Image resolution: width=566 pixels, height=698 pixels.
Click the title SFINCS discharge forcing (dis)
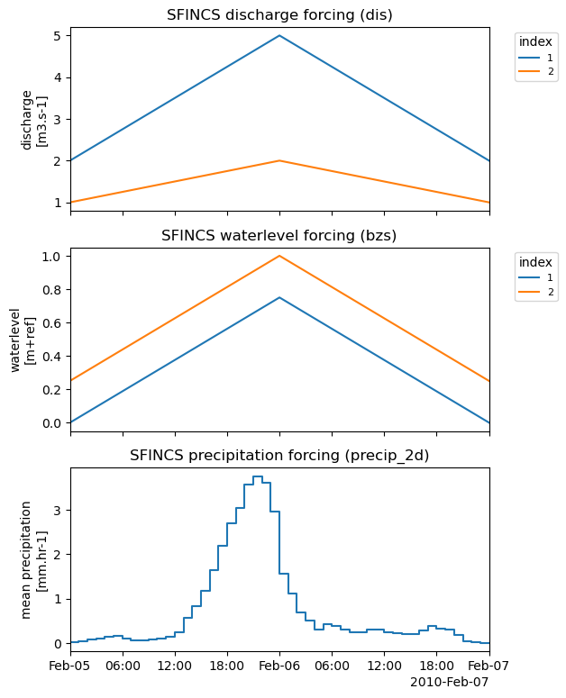tap(279, 14)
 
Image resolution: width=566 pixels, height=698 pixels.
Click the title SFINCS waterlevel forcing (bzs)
tap(279, 236)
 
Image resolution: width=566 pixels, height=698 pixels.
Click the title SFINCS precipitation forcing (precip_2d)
tap(279, 456)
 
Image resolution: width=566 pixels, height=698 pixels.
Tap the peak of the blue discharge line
tap(279, 36)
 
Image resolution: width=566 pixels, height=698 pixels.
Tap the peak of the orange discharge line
tap(279, 160)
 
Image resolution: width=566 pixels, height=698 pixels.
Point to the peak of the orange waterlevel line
tap(279, 256)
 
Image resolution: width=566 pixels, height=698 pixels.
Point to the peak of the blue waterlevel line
tap(279, 297)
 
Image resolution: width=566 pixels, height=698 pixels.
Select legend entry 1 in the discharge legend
tap(538, 57)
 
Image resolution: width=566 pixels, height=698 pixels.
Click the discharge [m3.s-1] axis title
tap(33, 119)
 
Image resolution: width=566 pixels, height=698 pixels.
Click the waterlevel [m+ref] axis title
tap(33, 337)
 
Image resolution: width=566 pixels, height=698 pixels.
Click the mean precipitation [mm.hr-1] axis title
tap(33, 559)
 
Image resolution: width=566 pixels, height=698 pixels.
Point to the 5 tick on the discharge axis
tap(56, 36)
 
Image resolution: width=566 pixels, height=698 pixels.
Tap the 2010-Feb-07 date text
tap(449, 682)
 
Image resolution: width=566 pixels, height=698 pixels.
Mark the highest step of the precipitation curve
tap(258, 476)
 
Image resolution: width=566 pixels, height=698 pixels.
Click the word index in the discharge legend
tap(536, 42)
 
